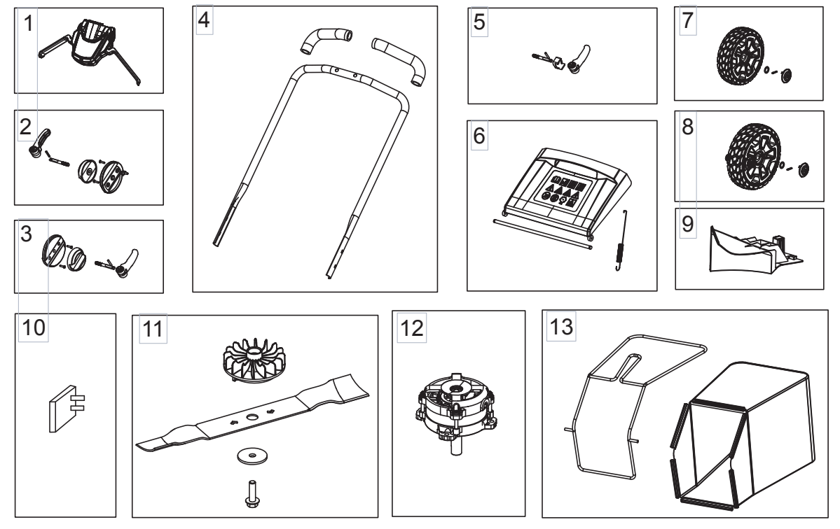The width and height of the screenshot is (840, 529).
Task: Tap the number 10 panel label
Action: click(32, 327)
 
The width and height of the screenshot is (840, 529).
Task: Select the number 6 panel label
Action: click(480, 136)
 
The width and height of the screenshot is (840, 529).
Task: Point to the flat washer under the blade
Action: click(249, 455)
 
